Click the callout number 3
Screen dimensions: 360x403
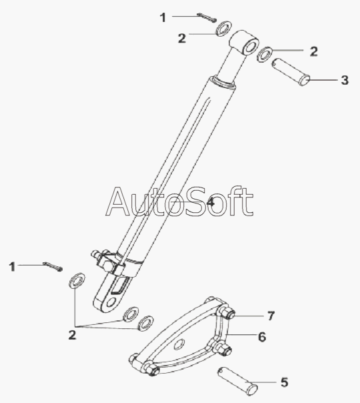pos(345,80)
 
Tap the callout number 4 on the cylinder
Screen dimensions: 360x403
pos(211,202)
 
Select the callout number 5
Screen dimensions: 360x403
pos(284,382)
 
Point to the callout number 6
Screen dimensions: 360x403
pos(262,337)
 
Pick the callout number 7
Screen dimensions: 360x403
pos(271,316)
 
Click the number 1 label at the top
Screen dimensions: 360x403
pos(163,18)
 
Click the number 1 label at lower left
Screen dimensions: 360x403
pos(12,267)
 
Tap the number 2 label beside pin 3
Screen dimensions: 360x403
pos(313,51)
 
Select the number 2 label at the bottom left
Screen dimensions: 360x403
pos(72,335)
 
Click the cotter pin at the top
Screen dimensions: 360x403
pos(207,18)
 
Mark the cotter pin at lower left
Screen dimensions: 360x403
pos(53,266)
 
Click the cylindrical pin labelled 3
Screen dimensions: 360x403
pos(291,72)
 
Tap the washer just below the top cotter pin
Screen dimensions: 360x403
pos(223,28)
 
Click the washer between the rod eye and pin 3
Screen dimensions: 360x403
pos(265,55)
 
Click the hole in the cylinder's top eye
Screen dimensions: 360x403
pos(249,47)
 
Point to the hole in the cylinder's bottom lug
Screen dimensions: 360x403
pos(111,302)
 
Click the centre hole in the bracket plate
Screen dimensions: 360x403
pos(179,344)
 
